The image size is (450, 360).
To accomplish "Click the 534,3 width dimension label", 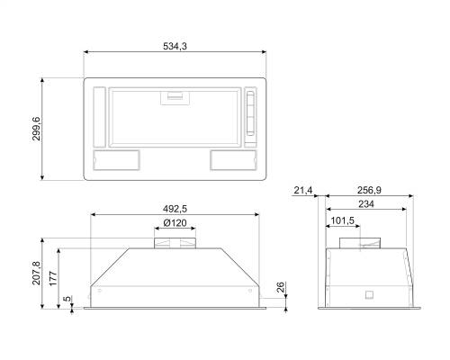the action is [x=175, y=46].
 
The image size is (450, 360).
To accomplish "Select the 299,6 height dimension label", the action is [x=36, y=129].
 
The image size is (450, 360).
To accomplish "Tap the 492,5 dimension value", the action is [x=175, y=209].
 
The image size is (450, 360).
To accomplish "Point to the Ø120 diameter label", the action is [x=175, y=223].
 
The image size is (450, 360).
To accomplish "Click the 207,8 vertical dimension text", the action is [x=36, y=273].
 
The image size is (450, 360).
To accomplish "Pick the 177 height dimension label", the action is [x=53, y=278].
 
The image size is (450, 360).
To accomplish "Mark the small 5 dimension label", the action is [x=67, y=299].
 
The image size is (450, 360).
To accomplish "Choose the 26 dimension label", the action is [x=280, y=287].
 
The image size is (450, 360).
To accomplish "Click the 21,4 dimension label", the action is [x=303, y=190].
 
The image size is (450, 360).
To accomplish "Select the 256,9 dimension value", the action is [x=369, y=190].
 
